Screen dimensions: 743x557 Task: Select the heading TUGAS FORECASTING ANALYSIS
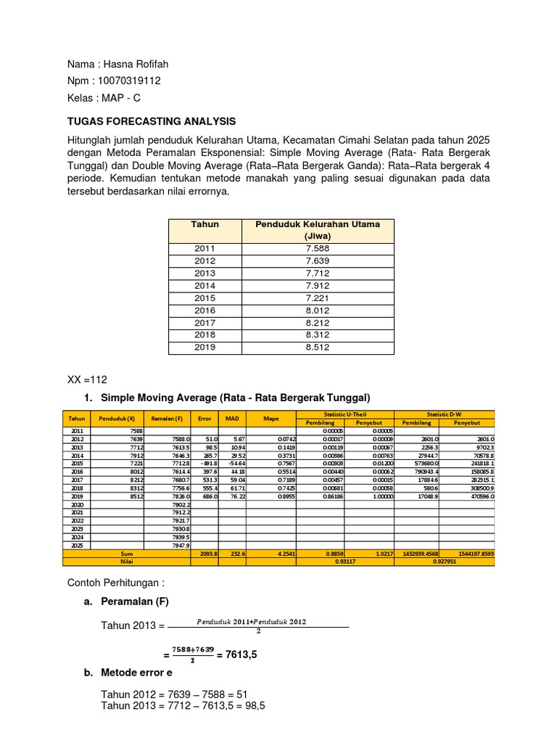pyautogui.click(x=152, y=121)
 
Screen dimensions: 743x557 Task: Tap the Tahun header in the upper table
pyautogui.click(x=205, y=224)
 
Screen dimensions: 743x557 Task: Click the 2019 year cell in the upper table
pyautogui.click(x=205, y=347)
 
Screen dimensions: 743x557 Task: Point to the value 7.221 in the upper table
pyautogui.click(x=317, y=298)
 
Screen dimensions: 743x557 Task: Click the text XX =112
pyautogui.click(x=87, y=379)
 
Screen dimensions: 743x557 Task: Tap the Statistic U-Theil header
pyautogui.click(x=344, y=414)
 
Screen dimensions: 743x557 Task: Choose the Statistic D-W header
pyautogui.click(x=444, y=414)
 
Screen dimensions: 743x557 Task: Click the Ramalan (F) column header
pyautogui.click(x=168, y=419)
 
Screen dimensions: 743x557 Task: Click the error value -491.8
pyautogui.click(x=206, y=463)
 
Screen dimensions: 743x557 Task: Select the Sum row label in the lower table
pyautogui.click(x=107, y=553)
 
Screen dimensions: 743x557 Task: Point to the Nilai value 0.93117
pyautogui.click(x=344, y=561)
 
